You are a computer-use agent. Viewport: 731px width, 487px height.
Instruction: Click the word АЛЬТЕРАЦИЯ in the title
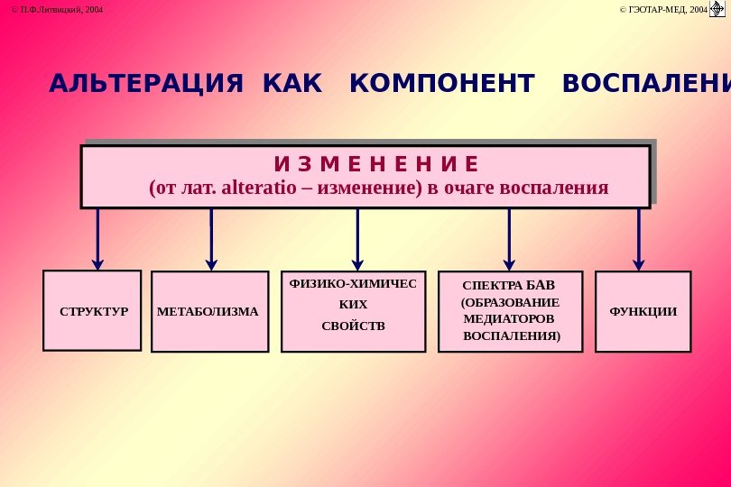145,85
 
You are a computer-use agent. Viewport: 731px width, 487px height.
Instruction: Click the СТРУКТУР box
92,311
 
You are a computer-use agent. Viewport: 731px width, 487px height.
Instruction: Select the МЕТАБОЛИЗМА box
208,312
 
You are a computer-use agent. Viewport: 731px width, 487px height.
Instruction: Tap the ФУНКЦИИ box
643,311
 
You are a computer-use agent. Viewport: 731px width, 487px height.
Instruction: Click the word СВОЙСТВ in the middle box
353,325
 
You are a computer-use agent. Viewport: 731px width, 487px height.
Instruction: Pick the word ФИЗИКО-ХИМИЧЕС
353,283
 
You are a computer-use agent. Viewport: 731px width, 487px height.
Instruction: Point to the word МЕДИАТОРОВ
507,318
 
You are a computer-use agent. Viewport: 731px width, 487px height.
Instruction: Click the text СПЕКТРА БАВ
503,286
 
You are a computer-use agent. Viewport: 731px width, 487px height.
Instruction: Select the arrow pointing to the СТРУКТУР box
97,239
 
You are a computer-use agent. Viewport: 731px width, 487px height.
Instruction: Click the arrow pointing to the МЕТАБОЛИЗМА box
211,239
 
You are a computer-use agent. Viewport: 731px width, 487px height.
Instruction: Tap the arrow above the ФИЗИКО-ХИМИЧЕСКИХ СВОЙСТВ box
357,239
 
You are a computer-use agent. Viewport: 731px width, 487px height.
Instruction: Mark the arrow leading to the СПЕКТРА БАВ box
509,239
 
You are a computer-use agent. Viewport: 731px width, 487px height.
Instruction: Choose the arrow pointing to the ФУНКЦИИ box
638,239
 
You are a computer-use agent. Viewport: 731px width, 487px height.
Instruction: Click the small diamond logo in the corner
718,9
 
